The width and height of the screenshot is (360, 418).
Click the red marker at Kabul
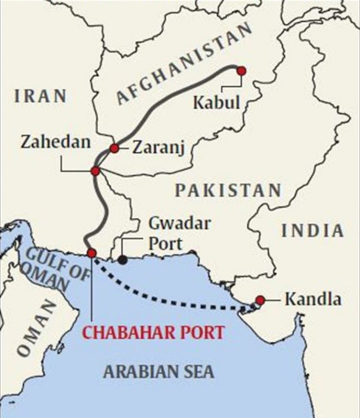(x=242, y=71)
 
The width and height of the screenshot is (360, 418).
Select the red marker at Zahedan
(x=95, y=172)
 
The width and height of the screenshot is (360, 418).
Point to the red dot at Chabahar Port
(x=91, y=253)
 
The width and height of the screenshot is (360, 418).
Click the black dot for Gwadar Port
(x=123, y=260)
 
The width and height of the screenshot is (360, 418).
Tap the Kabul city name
(x=216, y=102)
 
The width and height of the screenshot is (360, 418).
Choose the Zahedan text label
(x=56, y=142)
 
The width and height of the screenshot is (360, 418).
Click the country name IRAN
(x=41, y=96)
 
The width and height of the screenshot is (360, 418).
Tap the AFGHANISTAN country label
(x=182, y=65)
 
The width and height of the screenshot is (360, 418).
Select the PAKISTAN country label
(x=228, y=190)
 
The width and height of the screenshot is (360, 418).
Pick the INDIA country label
(x=313, y=231)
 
